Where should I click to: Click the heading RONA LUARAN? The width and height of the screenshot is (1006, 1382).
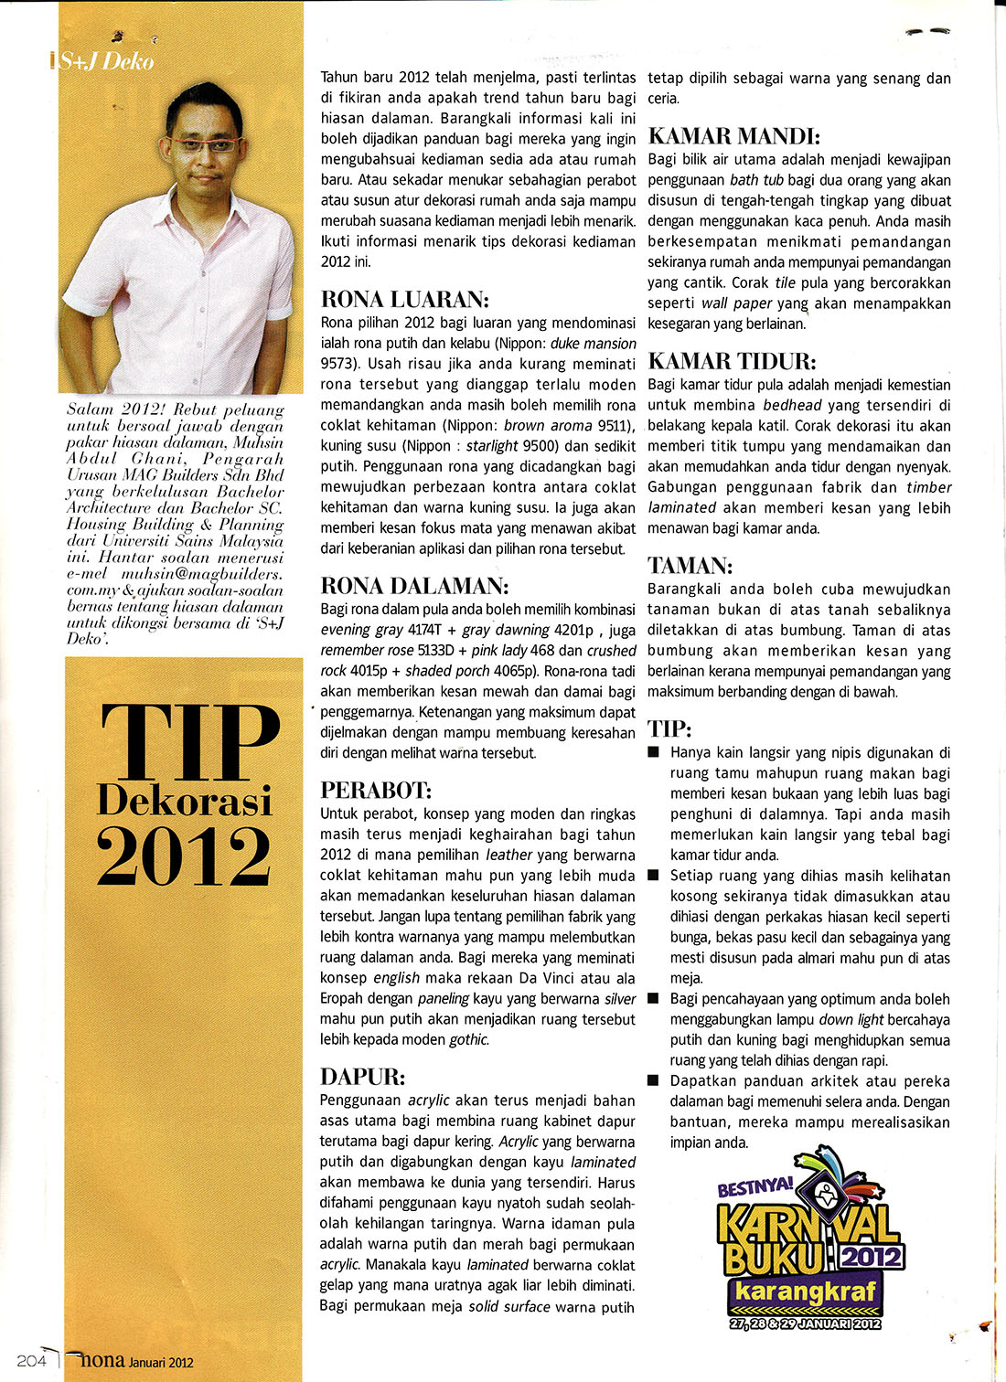pos(405,300)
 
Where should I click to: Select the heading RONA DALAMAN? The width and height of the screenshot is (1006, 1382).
pos(413,586)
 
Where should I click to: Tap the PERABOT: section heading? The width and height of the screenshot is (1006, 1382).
pos(376,791)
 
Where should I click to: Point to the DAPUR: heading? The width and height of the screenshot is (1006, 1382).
pos(362,1077)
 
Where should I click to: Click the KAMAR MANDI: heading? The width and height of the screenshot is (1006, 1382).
pos(733,137)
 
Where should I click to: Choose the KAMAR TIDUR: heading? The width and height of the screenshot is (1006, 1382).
pos(732,361)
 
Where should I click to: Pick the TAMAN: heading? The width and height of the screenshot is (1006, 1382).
pos(689,566)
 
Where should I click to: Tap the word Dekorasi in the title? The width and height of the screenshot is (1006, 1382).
pos(185,801)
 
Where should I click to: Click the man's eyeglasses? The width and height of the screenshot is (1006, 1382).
pos(204,145)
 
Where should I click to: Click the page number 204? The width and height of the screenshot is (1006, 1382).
pos(31,1360)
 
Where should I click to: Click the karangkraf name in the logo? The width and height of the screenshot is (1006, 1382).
pos(806,1292)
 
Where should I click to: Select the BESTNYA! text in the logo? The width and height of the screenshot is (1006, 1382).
pos(755,1187)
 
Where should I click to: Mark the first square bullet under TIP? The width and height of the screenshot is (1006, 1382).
pos(653,752)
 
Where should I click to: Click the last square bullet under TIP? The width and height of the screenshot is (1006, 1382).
pos(653,1080)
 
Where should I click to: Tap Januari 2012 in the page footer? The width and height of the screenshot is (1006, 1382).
pos(161,1362)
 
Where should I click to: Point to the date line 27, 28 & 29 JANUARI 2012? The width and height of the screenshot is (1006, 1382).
pos(805,1324)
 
